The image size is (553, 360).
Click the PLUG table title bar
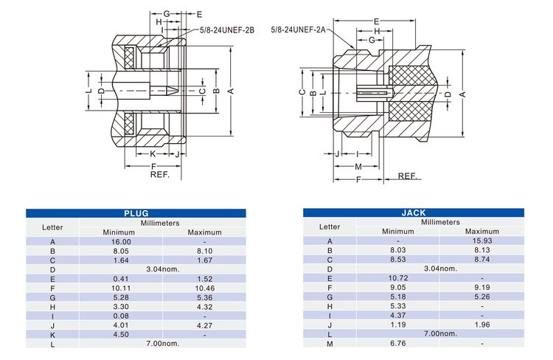point(136,213)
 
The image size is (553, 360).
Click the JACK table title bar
point(414,213)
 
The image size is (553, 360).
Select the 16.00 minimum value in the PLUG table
point(121,242)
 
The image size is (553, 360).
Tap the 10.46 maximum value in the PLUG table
point(204,288)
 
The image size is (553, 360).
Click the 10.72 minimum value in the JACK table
point(398,278)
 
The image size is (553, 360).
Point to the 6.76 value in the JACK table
point(398,343)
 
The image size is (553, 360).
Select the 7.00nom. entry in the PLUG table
point(163,343)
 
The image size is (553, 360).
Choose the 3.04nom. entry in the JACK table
point(440,269)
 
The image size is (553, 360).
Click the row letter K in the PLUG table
point(52,334)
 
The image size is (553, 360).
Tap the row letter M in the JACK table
point(330,343)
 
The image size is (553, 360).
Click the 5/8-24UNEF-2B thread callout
point(227,30)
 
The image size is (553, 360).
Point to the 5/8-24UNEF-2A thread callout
point(298,29)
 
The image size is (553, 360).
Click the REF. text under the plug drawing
point(160,175)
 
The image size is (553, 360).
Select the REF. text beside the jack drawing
point(408,176)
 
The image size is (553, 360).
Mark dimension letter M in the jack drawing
point(358,167)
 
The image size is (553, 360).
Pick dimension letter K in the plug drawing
point(153,154)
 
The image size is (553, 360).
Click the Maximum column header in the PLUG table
point(204,232)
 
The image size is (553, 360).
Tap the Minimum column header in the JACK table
point(398,232)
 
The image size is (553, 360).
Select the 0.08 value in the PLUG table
point(121,316)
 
